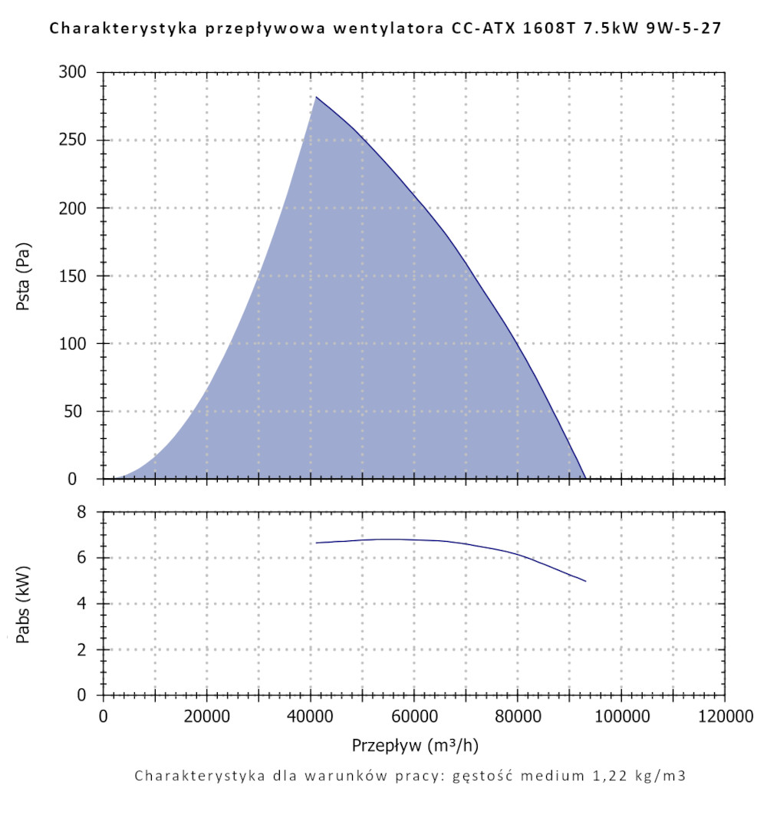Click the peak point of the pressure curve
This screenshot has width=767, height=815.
coord(316,97)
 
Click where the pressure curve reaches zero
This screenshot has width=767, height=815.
coord(585,478)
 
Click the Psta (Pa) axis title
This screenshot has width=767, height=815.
coord(24,276)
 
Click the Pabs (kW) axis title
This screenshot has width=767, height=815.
coord(24,604)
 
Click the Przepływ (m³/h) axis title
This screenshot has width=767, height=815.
coord(415,745)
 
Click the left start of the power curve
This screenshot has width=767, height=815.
coord(316,543)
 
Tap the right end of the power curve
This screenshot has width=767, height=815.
coord(585,581)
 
